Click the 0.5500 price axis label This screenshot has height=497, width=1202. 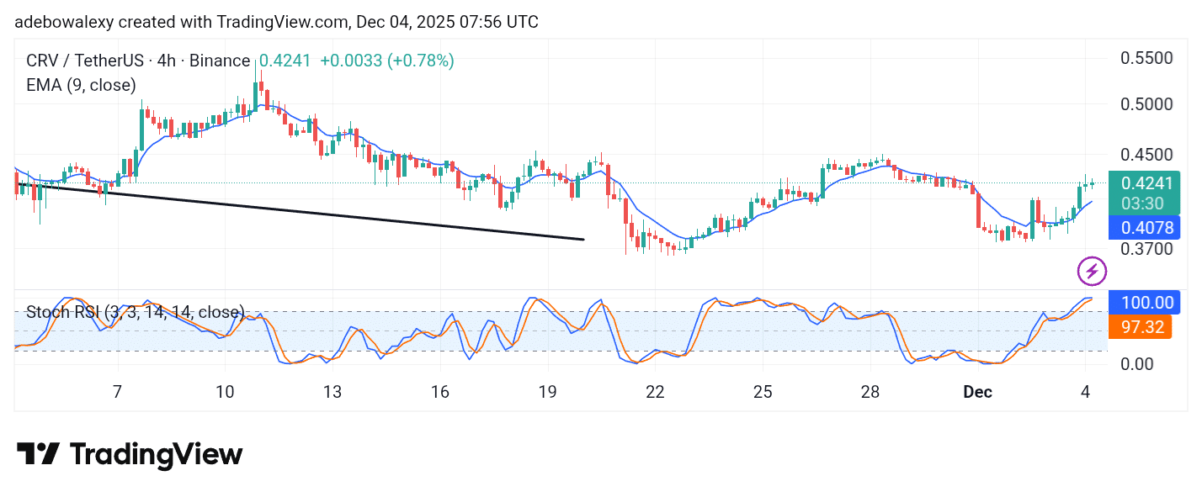[1146, 58]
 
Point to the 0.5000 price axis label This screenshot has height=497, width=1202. [1146, 104]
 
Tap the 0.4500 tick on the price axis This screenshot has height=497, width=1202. [1146, 155]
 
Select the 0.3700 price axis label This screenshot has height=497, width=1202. [1146, 249]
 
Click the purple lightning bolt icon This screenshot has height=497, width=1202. [1092, 271]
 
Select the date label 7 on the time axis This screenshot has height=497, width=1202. [117, 392]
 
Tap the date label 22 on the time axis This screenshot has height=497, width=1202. [655, 392]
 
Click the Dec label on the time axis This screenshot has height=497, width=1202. [977, 392]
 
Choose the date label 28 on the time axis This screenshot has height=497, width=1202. [870, 392]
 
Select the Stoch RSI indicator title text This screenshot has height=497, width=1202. [135, 312]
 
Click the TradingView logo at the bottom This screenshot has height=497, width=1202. [130, 455]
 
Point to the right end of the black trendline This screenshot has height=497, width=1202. [583, 240]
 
